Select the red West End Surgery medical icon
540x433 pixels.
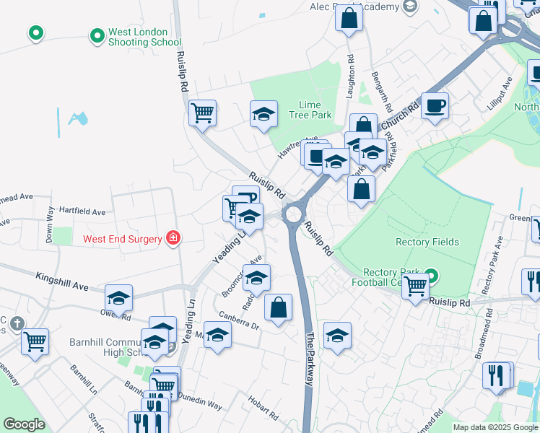coord(173,237)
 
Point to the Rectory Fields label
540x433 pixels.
coord(427,242)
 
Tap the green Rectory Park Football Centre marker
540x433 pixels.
coord(431,275)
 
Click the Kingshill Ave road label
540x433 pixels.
coord(61,281)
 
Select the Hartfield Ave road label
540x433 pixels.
coord(82,212)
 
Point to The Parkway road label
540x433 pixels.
coord(310,359)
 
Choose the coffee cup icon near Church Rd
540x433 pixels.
coord(435,105)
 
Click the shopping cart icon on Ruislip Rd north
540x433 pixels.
coord(203,113)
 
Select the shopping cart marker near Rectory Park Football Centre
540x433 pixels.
coord(415,287)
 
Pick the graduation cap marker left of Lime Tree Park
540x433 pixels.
coord(264,113)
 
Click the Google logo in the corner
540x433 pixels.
coord(24,424)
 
